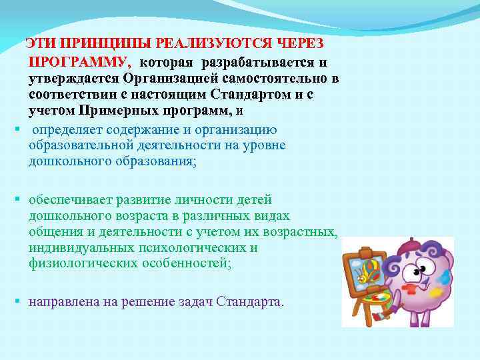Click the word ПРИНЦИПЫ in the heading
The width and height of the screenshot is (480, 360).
[105, 44]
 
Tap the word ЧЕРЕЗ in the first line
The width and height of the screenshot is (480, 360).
[297, 44]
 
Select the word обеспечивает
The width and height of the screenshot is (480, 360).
[71, 200]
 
